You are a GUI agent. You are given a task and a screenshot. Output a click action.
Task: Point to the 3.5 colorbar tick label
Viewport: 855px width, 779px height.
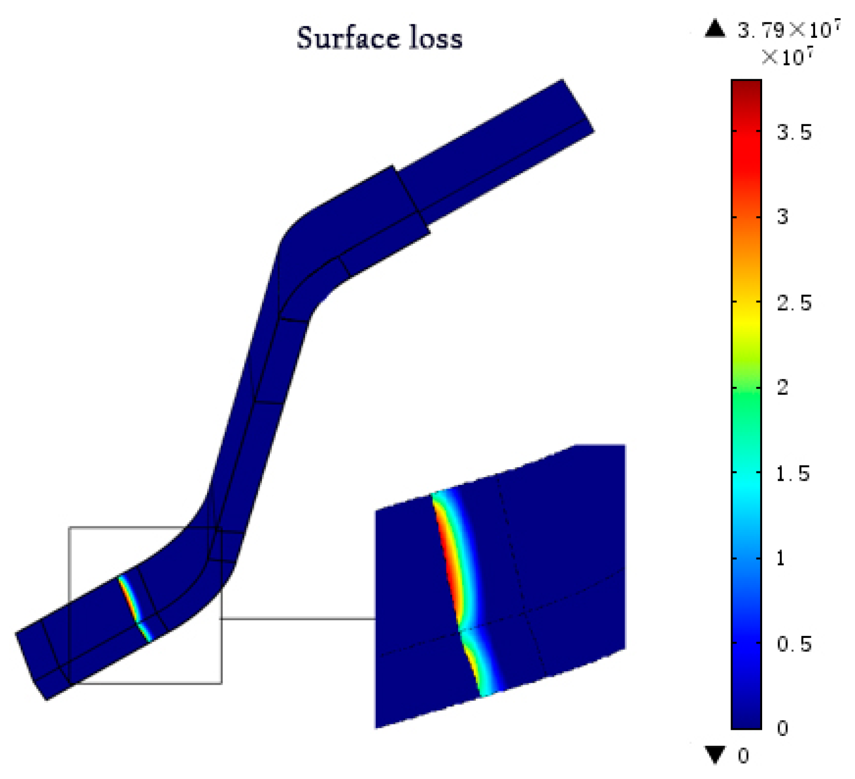[x=794, y=133]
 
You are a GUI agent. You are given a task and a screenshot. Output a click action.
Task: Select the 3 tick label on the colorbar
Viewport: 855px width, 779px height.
[x=782, y=217]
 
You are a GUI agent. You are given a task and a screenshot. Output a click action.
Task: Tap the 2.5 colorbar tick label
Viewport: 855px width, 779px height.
[x=794, y=303]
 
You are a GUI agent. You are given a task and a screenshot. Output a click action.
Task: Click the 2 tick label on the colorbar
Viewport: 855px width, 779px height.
[x=782, y=387]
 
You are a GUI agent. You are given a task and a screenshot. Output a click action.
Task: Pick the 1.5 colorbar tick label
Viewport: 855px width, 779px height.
[x=793, y=474]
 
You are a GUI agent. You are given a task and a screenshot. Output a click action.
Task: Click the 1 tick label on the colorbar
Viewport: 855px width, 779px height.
[x=781, y=559]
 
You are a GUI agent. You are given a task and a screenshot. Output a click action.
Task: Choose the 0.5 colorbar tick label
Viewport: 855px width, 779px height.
[x=794, y=644]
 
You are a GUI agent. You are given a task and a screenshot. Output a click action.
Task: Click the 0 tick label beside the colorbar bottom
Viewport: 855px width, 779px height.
[x=782, y=729]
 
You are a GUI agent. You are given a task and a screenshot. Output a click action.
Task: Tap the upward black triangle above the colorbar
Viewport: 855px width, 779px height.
[x=715, y=29]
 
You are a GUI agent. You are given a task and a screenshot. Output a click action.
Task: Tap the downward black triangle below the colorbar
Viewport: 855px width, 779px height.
[x=715, y=755]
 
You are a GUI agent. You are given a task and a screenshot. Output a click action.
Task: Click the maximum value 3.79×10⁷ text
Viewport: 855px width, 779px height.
[x=789, y=30]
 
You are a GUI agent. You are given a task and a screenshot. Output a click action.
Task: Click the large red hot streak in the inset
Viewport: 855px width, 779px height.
[x=449, y=560]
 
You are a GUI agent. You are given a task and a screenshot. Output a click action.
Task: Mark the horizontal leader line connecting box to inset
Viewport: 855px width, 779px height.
[x=298, y=618]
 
